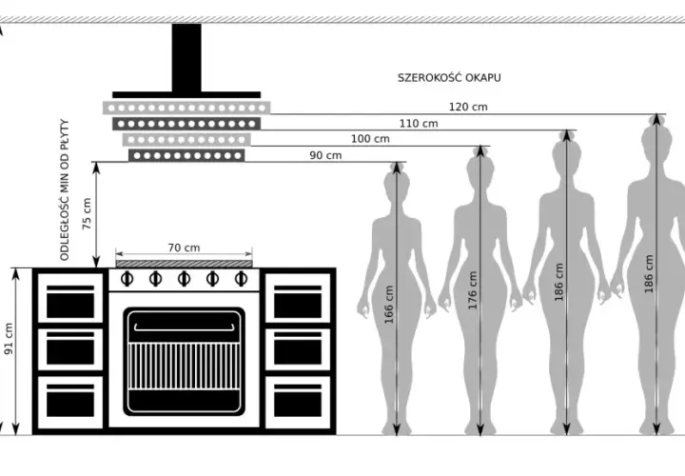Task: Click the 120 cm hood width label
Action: tap(468, 107)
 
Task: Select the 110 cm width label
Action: tap(419, 123)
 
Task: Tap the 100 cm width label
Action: tap(370, 139)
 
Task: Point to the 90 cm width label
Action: tap(325, 155)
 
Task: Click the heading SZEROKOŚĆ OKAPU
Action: tap(449, 78)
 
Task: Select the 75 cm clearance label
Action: tap(87, 214)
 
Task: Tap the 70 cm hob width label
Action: tap(184, 248)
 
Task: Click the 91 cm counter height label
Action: tap(9, 339)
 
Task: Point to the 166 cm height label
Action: tap(389, 305)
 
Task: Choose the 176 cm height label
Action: tap(472, 290)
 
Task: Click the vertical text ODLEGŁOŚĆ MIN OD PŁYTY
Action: tap(65, 189)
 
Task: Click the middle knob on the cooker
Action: tap(184, 278)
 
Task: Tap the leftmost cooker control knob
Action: tap(127, 278)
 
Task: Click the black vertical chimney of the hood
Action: tap(186, 58)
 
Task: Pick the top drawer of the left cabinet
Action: tap(70, 298)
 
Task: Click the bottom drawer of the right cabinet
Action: tap(298, 403)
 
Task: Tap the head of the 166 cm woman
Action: tap(397, 180)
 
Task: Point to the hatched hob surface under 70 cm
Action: tap(184, 264)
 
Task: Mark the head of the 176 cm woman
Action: tap(480, 166)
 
